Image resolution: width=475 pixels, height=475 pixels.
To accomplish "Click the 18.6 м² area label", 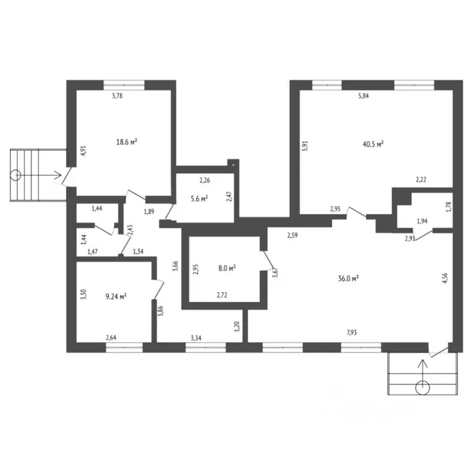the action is tap(127, 142).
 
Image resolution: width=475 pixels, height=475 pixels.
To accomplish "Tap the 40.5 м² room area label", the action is tap(373, 144).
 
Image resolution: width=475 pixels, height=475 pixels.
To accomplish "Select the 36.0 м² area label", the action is tap(348, 278).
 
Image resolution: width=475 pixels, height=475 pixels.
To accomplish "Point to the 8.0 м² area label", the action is tap(227, 268).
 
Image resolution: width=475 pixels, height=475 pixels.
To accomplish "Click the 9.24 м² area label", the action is tap(116, 296).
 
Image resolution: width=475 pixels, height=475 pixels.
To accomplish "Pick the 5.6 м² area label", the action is tap(199, 199).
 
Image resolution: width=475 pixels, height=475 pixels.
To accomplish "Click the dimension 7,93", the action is tap(351, 332).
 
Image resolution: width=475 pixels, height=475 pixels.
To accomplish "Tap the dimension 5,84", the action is tap(364, 96).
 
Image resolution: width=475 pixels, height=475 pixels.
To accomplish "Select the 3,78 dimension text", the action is tap(118, 96).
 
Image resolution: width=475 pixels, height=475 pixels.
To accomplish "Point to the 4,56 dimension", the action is tap(445, 278).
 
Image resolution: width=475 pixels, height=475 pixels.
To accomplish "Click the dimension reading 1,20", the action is tap(237, 327).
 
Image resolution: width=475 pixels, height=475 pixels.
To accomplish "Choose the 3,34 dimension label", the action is tap(196, 338).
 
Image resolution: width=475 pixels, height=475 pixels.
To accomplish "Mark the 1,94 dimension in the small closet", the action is tap(422, 221).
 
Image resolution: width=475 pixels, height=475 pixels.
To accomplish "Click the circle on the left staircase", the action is tap(15, 175).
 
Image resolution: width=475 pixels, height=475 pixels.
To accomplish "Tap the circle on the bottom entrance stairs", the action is tap(422, 388).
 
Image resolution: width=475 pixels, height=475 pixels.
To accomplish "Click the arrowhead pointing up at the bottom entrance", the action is tap(422, 362).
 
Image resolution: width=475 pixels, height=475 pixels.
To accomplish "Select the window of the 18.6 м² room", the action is tap(124, 85).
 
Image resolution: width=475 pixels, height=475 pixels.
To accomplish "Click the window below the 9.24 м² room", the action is tap(124, 348).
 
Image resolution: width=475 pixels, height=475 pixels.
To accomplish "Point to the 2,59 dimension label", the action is tap(293, 235).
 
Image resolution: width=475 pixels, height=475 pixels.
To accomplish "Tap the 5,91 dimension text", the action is tap(305, 146).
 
